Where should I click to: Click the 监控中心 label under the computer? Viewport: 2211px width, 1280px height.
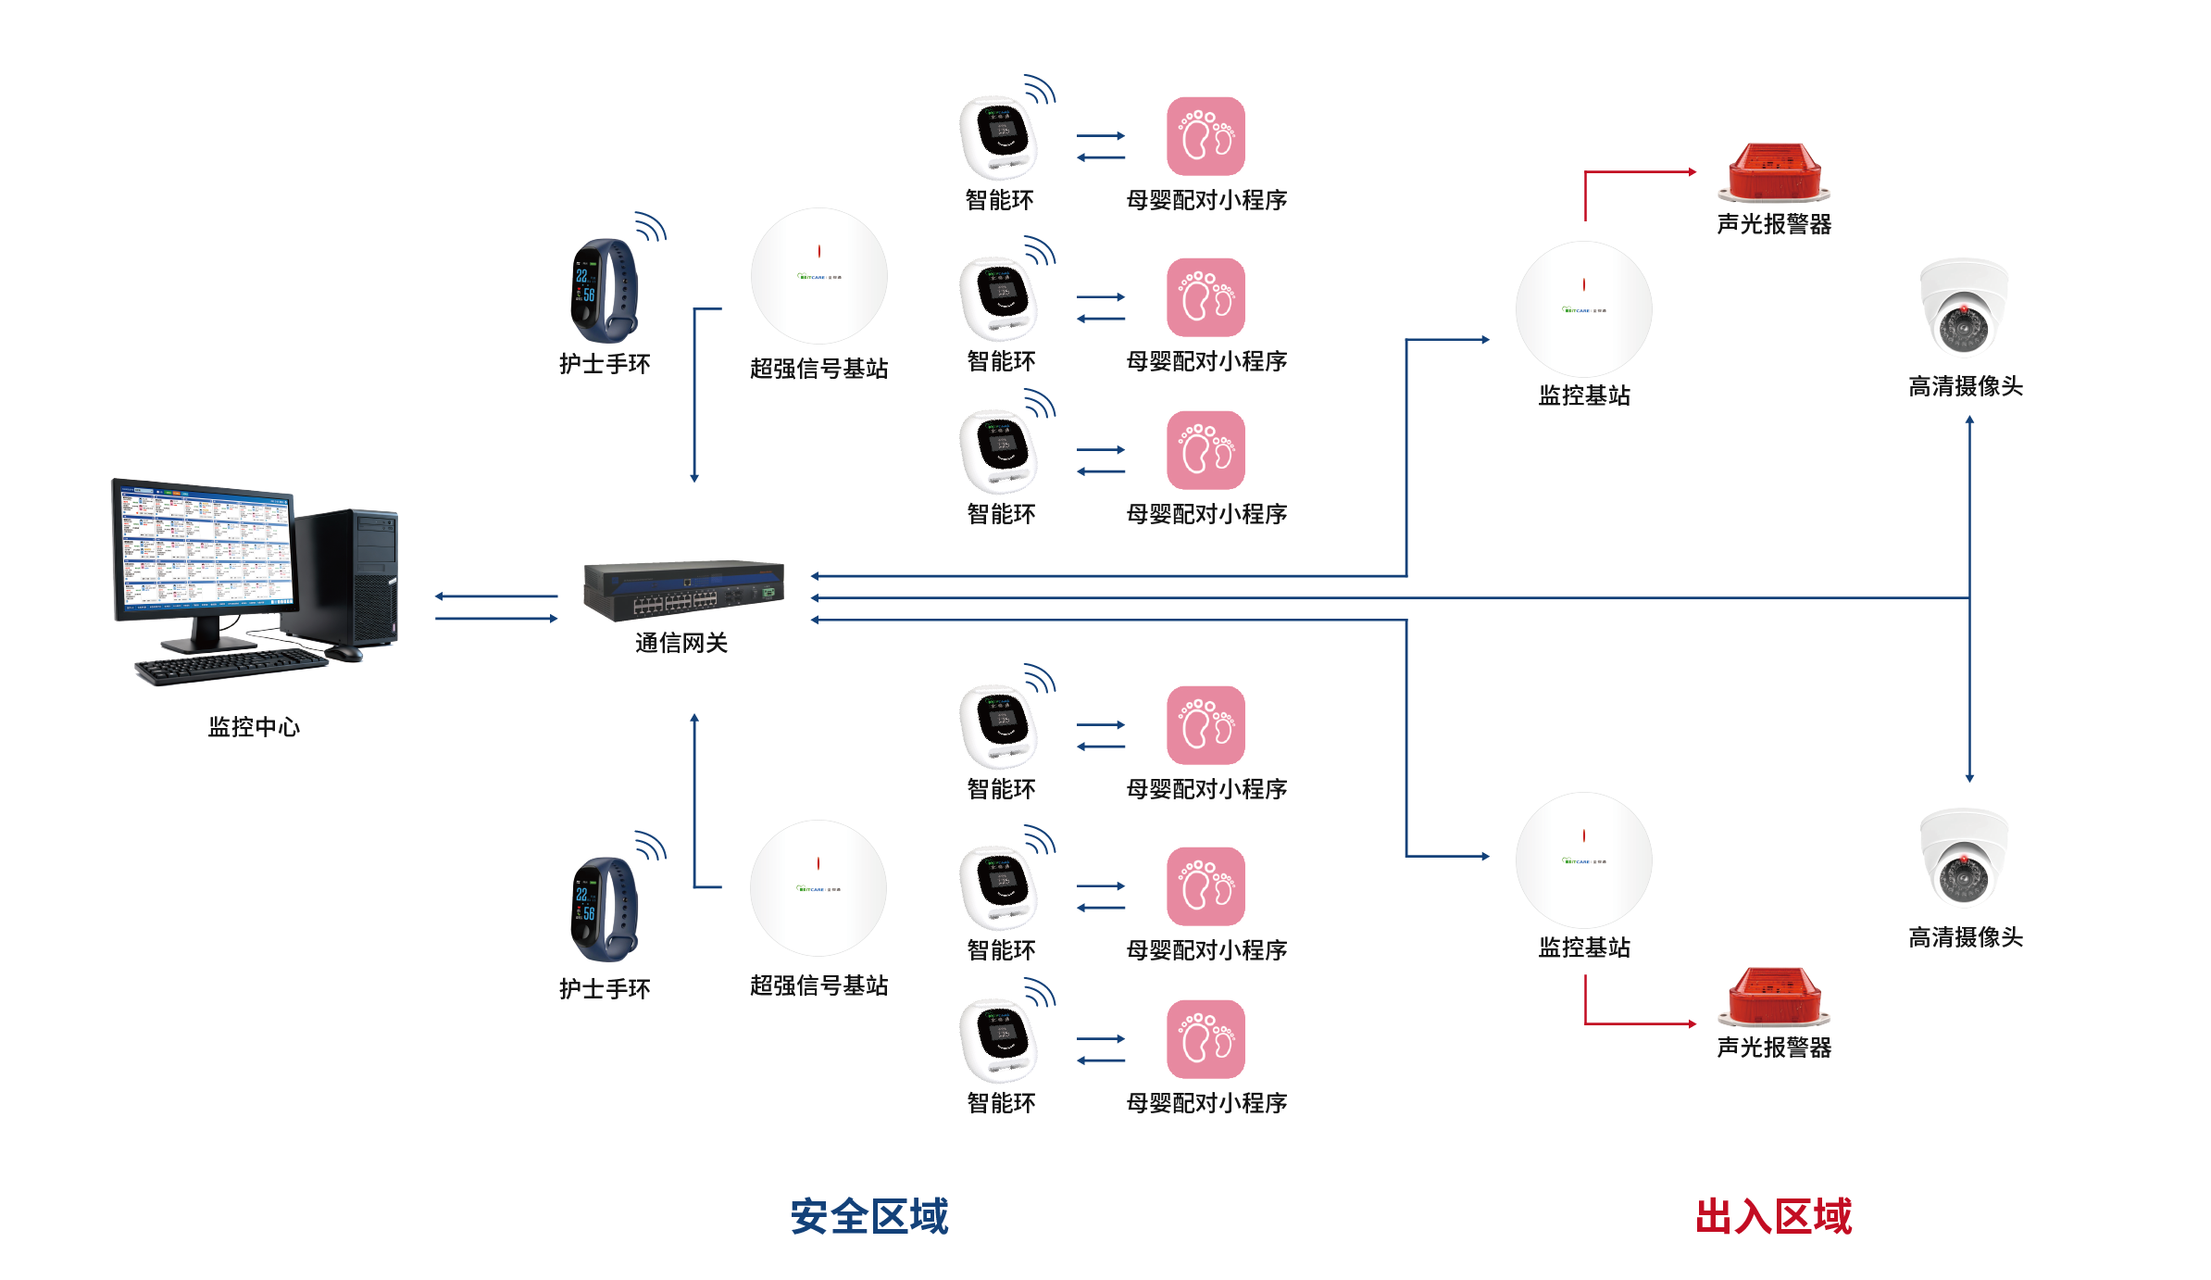[254, 727]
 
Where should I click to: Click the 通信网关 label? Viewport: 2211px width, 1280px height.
[681, 643]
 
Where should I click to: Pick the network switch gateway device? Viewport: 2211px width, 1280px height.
[683, 590]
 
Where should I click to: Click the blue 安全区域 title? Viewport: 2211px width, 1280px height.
[869, 1216]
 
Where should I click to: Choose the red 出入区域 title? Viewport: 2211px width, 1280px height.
[1773, 1216]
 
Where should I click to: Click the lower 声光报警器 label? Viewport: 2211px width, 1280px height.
[1774, 1048]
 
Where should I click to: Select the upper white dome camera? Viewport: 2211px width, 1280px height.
[1964, 307]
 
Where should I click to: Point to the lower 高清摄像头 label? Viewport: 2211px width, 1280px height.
[1966, 937]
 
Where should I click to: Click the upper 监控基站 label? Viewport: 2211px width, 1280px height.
[1584, 396]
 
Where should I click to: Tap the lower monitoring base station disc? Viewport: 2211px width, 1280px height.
[1583, 860]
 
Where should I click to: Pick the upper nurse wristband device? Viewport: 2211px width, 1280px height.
[605, 291]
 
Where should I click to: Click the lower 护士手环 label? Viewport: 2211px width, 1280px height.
[605, 989]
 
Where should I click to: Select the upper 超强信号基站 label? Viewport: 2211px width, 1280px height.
[818, 369]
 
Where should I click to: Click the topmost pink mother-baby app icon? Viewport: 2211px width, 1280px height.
[1205, 136]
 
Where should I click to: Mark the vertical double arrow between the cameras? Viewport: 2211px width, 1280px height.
[1969, 598]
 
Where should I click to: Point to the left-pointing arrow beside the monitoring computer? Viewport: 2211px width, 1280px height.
[496, 596]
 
